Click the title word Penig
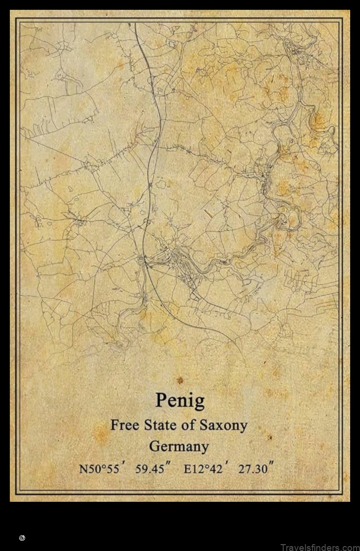click(180, 400)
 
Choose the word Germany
click(179, 447)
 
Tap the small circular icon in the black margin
click(22, 538)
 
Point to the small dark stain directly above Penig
click(180, 380)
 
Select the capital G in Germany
click(154, 447)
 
